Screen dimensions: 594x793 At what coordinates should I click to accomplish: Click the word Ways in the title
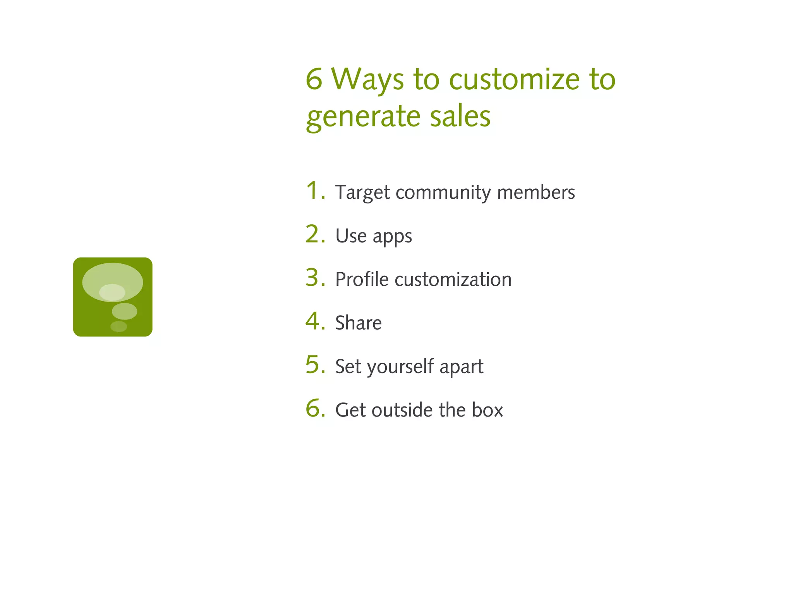[x=367, y=79]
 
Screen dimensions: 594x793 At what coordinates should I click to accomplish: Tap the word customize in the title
[x=514, y=79]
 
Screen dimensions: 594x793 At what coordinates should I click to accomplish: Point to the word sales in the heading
[x=460, y=116]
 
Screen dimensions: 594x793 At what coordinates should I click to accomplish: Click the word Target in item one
[x=362, y=193]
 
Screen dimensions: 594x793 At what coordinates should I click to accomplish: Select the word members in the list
[x=536, y=193]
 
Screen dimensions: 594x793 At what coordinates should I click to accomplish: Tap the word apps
[x=392, y=237]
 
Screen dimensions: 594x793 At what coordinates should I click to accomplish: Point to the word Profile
[x=362, y=279]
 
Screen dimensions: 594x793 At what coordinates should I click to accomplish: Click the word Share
[x=358, y=323]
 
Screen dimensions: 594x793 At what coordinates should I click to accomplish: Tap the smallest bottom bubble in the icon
[x=118, y=326]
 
